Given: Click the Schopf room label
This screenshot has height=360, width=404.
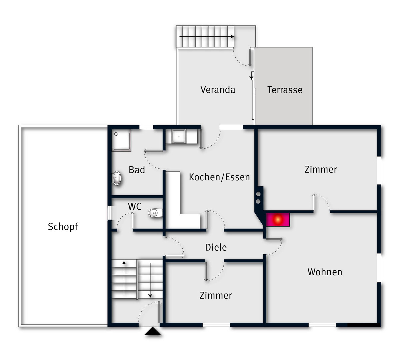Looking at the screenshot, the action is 63,227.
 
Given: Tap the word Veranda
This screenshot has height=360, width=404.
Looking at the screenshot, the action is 218,90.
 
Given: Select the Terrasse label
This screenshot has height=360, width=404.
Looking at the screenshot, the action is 285,90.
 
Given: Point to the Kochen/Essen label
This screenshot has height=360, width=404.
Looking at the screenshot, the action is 219,177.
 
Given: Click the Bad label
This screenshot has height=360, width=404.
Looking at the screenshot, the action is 137,170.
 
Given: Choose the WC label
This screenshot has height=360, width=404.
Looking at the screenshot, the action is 135,207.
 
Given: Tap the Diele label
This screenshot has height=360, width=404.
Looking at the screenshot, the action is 216,248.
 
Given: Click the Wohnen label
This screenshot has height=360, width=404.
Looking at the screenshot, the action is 325,272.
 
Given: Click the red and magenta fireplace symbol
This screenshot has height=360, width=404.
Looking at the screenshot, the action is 278,220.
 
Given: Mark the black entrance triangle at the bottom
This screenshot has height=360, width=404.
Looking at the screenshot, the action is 153,331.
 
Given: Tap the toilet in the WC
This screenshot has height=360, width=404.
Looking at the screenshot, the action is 155,213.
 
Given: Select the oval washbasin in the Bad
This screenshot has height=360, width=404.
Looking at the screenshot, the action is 117,178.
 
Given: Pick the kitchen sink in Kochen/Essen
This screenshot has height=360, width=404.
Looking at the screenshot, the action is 179,136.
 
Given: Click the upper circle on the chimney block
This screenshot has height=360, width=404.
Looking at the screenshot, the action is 258,194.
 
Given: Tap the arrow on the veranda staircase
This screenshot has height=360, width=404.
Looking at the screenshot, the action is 207,37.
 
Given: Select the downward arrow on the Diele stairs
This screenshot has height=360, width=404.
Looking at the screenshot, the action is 150,281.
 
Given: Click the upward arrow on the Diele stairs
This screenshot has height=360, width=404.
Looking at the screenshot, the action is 124,278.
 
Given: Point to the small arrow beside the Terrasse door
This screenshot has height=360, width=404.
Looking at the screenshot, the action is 251,76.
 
